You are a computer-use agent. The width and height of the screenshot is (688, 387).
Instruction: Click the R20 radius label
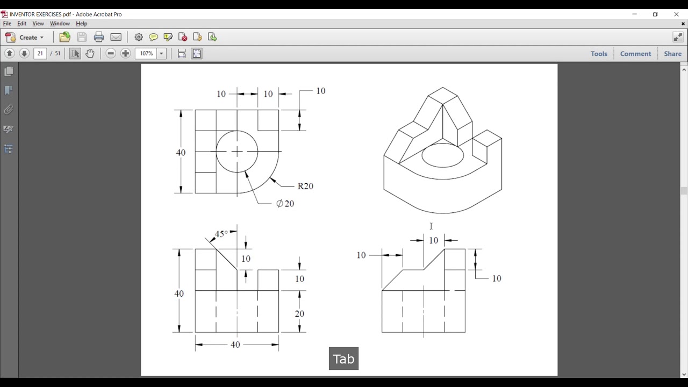click(x=305, y=186)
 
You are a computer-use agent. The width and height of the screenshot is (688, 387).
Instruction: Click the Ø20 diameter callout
click(x=285, y=204)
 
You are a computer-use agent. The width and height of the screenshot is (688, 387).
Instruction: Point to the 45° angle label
click(x=221, y=234)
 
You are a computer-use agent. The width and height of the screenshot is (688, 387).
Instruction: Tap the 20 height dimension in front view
click(x=299, y=313)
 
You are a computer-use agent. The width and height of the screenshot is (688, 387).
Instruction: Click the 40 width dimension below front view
click(x=235, y=345)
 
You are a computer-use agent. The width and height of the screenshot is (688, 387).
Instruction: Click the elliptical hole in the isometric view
click(x=442, y=155)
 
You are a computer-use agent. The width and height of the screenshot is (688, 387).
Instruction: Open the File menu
click(x=7, y=24)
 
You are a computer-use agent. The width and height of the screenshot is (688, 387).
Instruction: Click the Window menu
click(x=60, y=24)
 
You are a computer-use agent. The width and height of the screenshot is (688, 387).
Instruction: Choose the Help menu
click(x=81, y=24)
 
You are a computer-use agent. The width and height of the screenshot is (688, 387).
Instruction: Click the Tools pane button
click(x=599, y=54)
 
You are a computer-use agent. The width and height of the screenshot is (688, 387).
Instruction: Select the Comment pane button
click(x=635, y=54)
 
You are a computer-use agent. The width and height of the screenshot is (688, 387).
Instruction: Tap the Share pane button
click(x=672, y=54)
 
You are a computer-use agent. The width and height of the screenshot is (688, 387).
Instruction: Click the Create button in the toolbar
click(x=25, y=37)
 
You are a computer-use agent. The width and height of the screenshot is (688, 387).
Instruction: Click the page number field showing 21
click(x=40, y=53)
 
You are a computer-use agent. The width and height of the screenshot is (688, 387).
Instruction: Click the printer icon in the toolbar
click(x=99, y=37)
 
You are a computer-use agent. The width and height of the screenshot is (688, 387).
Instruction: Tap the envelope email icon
click(x=116, y=37)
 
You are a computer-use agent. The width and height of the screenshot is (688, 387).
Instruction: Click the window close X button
click(x=676, y=14)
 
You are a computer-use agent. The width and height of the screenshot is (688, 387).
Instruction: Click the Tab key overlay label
click(x=343, y=359)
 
